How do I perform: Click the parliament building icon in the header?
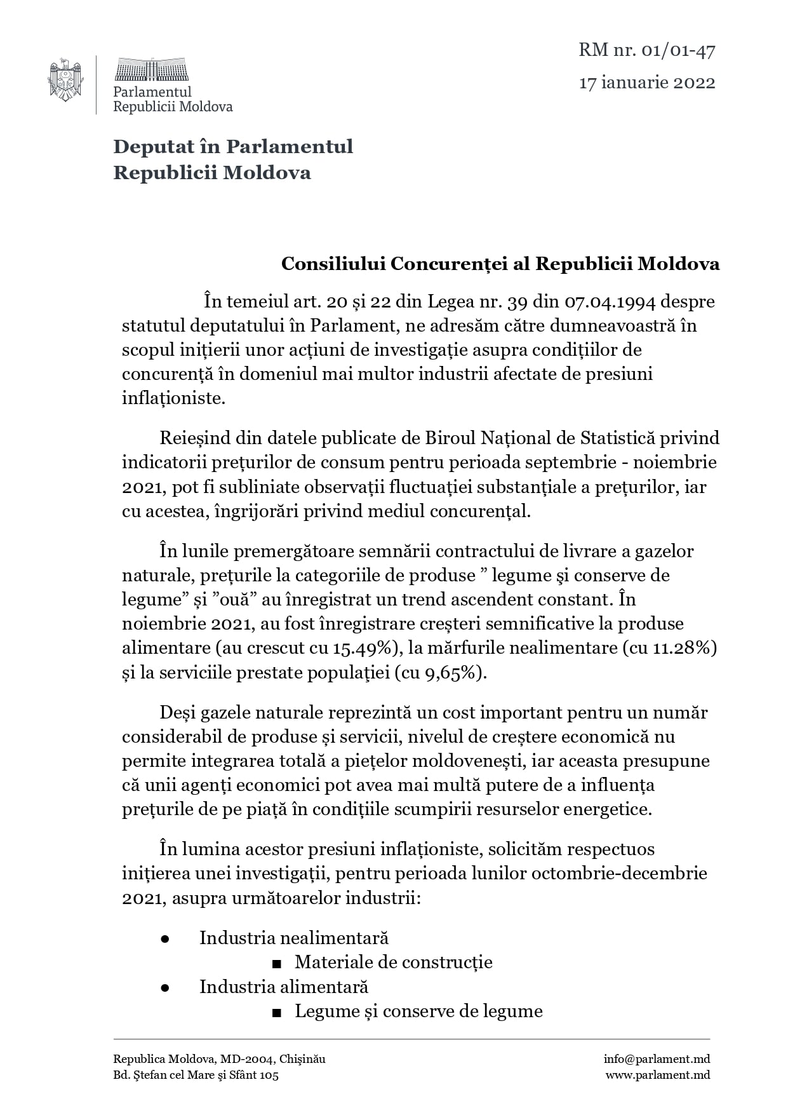(151, 69)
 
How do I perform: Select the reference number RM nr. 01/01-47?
(646, 50)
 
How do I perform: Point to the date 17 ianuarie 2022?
(646, 83)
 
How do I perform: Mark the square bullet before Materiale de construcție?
(276, 964)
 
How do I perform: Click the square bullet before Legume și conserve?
(276, 1013)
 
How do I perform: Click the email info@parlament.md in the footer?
(657, 1059)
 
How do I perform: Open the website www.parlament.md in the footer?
(657, 1075)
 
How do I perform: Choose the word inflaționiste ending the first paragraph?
(173, 398)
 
